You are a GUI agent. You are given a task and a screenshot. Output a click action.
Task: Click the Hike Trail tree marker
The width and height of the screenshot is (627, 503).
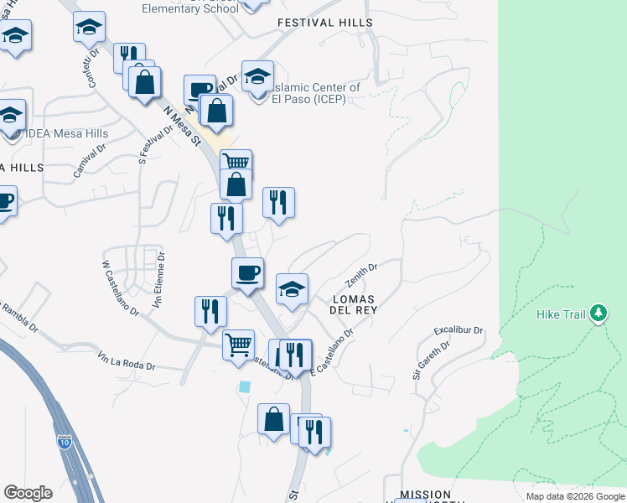598,314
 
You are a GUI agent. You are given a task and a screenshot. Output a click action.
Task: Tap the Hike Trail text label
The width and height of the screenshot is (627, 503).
561,314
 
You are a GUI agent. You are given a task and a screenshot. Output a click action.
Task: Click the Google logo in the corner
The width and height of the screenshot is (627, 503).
28,493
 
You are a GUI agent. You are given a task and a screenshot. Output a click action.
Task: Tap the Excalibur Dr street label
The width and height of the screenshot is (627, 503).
459,329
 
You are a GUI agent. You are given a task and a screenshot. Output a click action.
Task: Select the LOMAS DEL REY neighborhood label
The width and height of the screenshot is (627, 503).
355,303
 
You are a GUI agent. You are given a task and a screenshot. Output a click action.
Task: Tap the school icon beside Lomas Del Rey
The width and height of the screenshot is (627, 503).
292,289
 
